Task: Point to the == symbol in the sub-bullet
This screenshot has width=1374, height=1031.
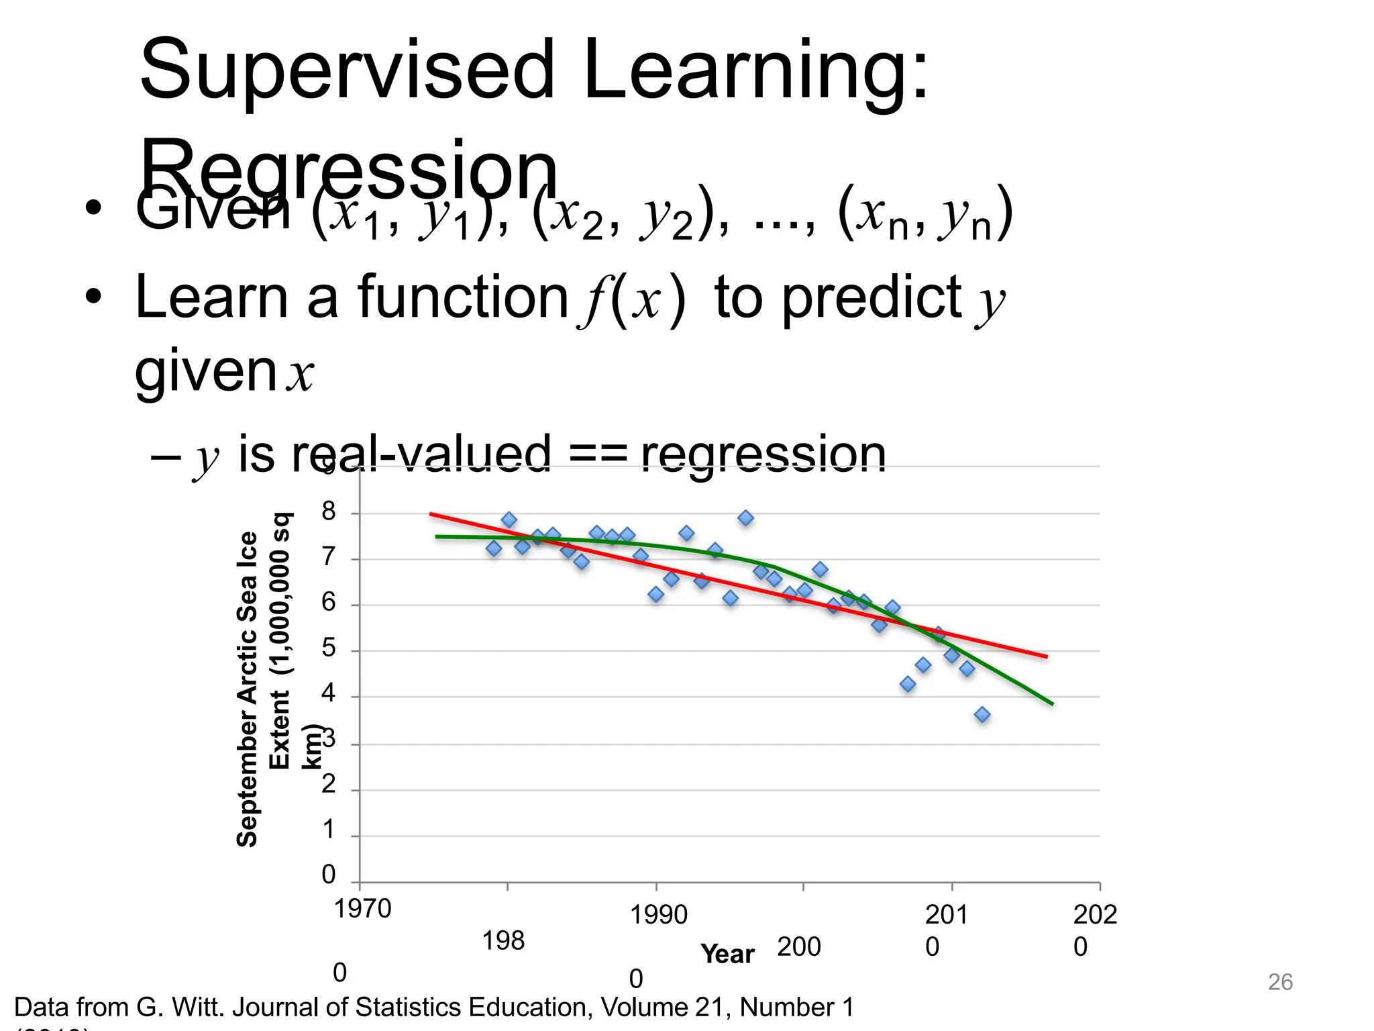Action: [x=596, y=454]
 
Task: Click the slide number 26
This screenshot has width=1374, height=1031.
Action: [x=1279, y=982]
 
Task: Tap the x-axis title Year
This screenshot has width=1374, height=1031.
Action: [x=727, y=954]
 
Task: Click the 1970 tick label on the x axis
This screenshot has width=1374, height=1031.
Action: [x=362, y=909]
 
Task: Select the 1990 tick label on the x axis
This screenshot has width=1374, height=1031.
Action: [x=658, y=915]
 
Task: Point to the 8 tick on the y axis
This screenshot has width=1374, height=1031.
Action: [x=328, y=512]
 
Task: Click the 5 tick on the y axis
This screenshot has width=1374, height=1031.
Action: [x=328, y=649]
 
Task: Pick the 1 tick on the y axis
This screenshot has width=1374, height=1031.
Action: [x=328, y=830]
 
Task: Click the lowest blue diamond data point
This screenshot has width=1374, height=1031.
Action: [x=982, y=715]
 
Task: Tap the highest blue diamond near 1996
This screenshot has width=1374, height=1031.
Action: [x=745, y=518]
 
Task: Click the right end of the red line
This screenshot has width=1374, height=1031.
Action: [x=1046, y=656]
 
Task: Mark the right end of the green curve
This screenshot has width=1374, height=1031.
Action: [x=1052, y=703]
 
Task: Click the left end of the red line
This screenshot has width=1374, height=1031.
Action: [x=431, y=514]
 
